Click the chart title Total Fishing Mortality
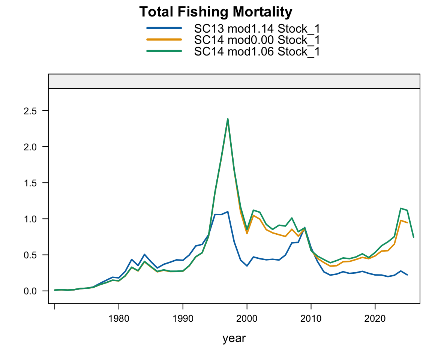coord(216,12)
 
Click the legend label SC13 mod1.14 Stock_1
coord(257,28)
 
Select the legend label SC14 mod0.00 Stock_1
coord(257,40)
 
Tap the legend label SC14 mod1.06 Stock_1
coord(257,51)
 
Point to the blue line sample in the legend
coord(164,28)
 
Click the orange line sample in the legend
coord(164,39)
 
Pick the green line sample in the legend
coord(164,51)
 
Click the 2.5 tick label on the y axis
coord(30,111)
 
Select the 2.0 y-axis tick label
coord(30,147)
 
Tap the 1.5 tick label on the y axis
coord(30,183)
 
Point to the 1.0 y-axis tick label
coord(30,219)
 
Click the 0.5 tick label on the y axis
coord(30,255)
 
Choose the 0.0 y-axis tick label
coord(30,291)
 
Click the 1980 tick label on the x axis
coord(119,319)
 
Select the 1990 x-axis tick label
coord(183,319)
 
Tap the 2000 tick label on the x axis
coord(247,319)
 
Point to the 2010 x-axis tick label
coord(311,319)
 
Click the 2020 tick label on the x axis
coord(375,319)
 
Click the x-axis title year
coord(234,339)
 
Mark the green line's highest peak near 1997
coord(228,119)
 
